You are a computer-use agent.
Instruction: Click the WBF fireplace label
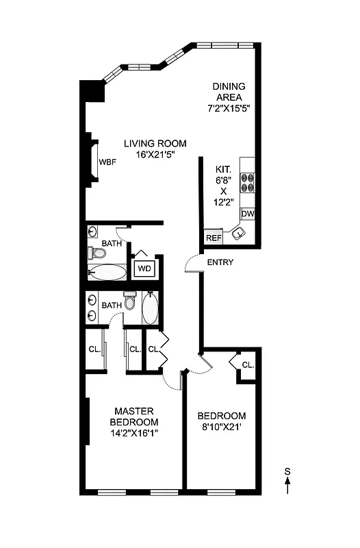pyautogui.click(x=107, y=162)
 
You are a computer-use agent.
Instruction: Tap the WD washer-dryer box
pyautogui.click(x=144, y=268)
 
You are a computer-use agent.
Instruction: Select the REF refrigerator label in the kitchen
pyautogui.click(x=214, y=238)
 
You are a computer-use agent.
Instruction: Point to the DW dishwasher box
pyautogui.click(x=248, y=214)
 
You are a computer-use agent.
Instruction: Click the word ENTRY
pyautogui.click(x=220, y=262)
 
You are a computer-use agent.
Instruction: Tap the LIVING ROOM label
pyautogui.click(x=155, y=143)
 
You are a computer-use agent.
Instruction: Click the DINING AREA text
pyautogui.click(x=229, y=92)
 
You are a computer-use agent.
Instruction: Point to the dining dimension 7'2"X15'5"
pyautogui.click(x=229, y=108)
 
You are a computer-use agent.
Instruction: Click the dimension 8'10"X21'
pyautogui.click(x=222, y=427)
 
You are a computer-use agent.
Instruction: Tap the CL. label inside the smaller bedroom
pyautogui.click(x=247, y=364)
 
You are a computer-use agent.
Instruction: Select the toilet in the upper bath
pyautogui.click(x=98, y=253)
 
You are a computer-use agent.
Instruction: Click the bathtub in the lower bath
pyautogui.click(x=150, y=310)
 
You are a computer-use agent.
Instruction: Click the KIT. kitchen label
pyautogui.click(x=223, y=169)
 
